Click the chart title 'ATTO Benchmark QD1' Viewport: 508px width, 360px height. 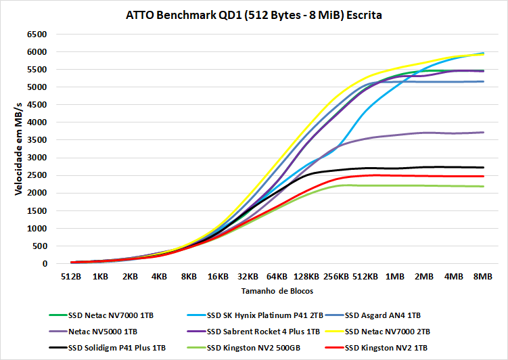[x=254, y=15]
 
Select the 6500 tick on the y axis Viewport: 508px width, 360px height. [x=36, y=34]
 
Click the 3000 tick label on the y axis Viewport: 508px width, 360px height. [x=36, y=158]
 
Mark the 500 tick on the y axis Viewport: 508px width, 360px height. [x=39, y=246]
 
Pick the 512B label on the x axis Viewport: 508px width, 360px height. [x=71, y=277]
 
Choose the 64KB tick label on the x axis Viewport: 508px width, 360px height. [x=277, y=277]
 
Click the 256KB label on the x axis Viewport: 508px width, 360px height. [x=336, y=277]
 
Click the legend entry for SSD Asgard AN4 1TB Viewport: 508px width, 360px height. [x=382, y=315]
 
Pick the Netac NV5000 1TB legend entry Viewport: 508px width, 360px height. [x=103, y=332]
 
